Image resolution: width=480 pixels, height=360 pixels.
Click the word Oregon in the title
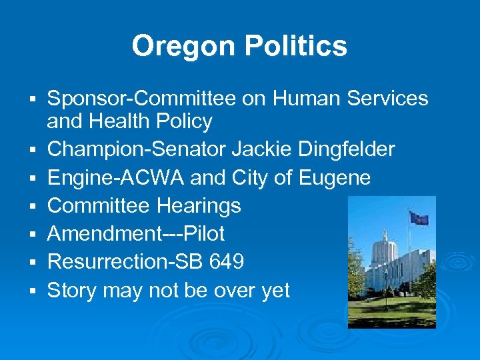(x=184, y=47)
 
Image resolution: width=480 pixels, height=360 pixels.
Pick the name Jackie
(x=256, y=149)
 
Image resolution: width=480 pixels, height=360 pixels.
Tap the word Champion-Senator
(x=137, y=149)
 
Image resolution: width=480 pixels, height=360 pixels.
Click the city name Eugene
(x=335, y=178)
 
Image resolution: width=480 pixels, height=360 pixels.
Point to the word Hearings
(x=199, y=206)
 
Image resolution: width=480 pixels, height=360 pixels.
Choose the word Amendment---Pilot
(x=136, y=234)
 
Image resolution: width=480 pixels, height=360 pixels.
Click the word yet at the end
(x=275, y=291)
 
